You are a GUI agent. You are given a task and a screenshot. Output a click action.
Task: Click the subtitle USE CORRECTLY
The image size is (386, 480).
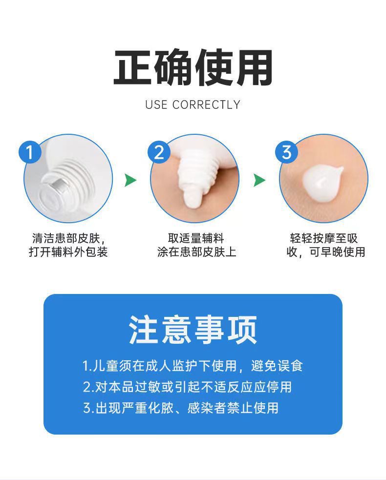pyautogui.click(x=193, y=104)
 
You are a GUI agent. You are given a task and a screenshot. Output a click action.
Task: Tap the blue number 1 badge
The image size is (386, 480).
pyautogui.click(x=30, y=152)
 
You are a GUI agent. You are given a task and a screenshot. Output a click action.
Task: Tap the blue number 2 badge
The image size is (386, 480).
pyautogui.click(x=159, y=152)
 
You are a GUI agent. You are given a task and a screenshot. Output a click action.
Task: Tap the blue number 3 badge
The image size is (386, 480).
pyautogui.click(x=287, y=152)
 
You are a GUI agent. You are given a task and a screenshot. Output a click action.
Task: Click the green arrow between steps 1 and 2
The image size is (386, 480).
pyautogui.click(x=130, y=180)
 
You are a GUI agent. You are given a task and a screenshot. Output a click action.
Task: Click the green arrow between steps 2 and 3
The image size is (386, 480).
pyautogui.click(x=259, y=180)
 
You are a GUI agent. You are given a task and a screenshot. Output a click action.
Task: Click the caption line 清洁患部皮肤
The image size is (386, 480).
pyautogui.click(x=68, y=238)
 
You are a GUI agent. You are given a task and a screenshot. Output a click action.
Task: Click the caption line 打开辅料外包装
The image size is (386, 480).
pyautogui.click(x=68, y=252)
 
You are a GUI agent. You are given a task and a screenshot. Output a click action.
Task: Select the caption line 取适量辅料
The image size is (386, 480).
pyautogui.click(x=196, y=238)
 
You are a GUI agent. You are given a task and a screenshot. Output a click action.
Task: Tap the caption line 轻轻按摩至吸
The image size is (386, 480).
pyautogui.click(x=324, y=238)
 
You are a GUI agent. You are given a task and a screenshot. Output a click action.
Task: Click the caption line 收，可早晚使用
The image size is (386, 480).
pyautogui.click(x=325, y=252)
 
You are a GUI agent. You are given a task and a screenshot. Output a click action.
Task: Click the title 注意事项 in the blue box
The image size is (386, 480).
pyautogui.click(x=193, y=330)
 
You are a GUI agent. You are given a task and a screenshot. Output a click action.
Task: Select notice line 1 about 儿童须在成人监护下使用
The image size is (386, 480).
pyautogui.click(x=193, y=366)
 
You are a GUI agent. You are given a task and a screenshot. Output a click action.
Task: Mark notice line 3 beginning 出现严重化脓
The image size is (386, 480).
pyautogui.click(x=181, y=408)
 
